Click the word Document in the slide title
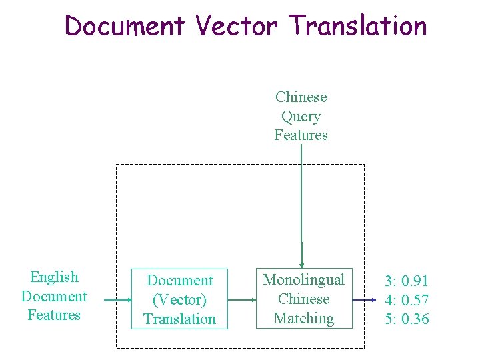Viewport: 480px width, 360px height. click(x=125, y=27)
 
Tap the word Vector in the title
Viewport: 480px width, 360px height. click(x=236, y=27)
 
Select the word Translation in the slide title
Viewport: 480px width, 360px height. click(x=357, y=27)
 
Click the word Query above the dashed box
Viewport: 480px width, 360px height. click(x=301, y=117)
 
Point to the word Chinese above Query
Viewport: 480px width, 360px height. click(x=301, y=97)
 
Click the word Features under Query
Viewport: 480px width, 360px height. click(x=301, y=135)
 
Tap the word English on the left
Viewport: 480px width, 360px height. click(x=54, y=277)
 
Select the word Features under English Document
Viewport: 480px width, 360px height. click(x=54, y=315)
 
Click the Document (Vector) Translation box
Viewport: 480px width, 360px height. click(x=179, y=299)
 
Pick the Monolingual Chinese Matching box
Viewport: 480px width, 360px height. click(x=304, y=299)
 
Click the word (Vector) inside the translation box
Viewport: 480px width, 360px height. click(x=179, y=300)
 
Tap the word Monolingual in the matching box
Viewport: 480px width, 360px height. click(x=304, y=280)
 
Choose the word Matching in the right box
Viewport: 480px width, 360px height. click(x=304, y=319)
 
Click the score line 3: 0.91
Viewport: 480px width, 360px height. click(x=407, y=281)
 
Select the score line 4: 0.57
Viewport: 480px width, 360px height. click(x=407, y=300)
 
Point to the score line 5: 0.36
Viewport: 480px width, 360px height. click(x=407, y=319)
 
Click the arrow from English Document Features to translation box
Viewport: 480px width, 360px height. click(x=118, y=300)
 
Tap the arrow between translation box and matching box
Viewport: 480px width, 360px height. click(x=241, y=300)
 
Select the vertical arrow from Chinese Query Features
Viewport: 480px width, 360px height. click(x=301, y=200)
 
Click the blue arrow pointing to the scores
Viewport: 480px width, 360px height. click(x=364, y=300)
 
